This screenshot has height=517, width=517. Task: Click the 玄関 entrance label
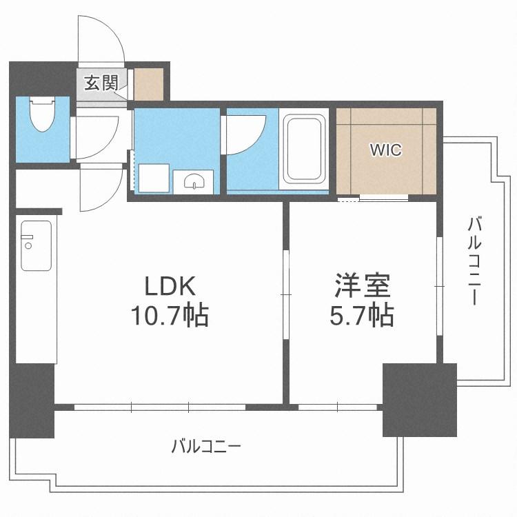point(101,83)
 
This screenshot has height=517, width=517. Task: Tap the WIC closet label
point(386,150)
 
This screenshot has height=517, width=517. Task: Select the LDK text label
point(170,286)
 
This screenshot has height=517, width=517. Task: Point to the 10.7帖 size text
point(170,316)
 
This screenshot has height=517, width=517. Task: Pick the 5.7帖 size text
point(362,315)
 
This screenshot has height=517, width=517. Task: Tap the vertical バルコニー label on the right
point(474,261)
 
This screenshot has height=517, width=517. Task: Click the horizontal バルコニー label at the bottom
point(206,447)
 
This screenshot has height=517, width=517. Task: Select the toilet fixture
point(42,114)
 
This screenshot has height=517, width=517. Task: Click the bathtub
point(304,149)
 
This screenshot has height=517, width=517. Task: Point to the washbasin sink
point(194,181)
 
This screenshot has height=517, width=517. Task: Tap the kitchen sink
point(37,245)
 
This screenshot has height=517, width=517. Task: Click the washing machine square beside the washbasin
point(154,178)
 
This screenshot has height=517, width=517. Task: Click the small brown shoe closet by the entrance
point(149,84)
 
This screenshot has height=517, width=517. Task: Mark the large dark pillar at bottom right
point(419,400)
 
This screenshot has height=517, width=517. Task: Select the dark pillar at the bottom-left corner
point(32,401)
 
